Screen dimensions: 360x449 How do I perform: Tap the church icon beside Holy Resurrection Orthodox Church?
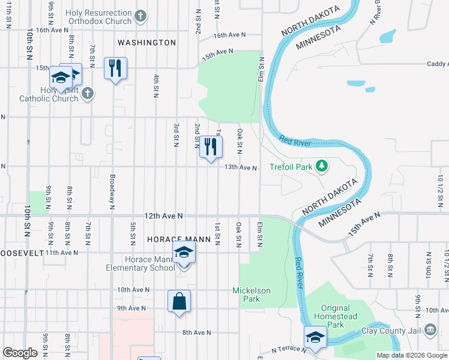140,17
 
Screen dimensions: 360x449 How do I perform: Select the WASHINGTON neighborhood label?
146,43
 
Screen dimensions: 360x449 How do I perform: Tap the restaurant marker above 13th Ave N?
211,147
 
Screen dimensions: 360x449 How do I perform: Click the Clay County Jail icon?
430,329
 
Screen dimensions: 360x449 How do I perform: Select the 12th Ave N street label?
163,215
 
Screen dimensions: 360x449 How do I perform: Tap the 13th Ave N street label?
240,167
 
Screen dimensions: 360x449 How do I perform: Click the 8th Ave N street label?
197,332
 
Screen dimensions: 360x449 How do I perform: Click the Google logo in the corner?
20,353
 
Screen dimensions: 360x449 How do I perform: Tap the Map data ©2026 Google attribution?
412,355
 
